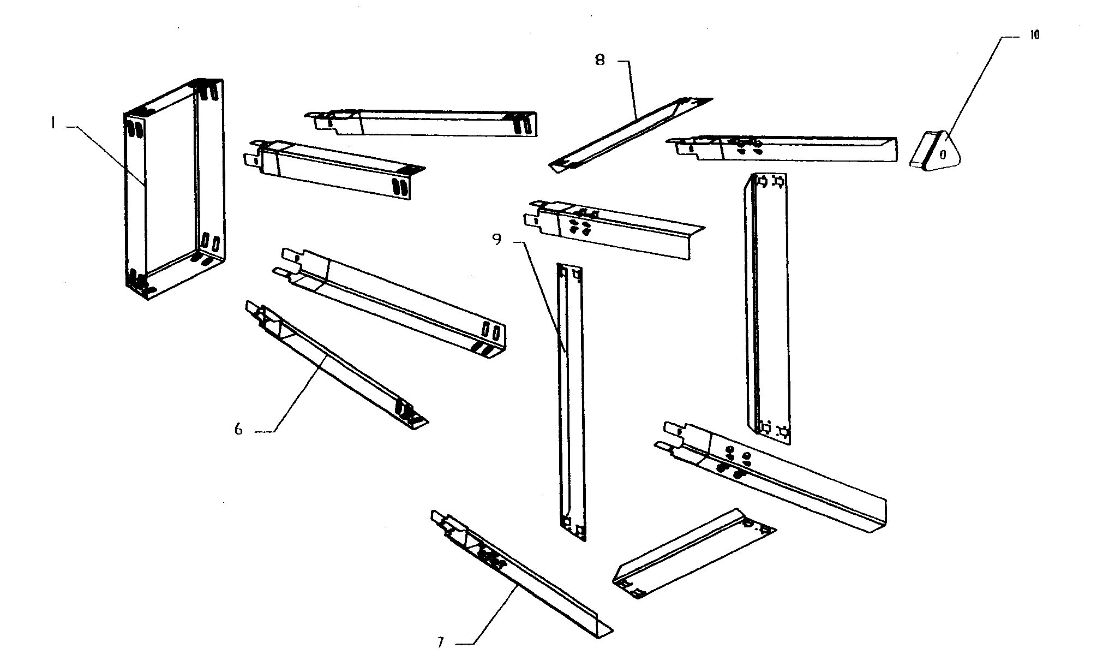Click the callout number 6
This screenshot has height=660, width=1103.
(x=238, y=429)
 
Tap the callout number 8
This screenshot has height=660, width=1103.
(x=600, y=60)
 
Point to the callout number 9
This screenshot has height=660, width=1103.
(x=496, y=240)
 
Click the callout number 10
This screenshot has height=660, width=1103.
(x=1034, y=35)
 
